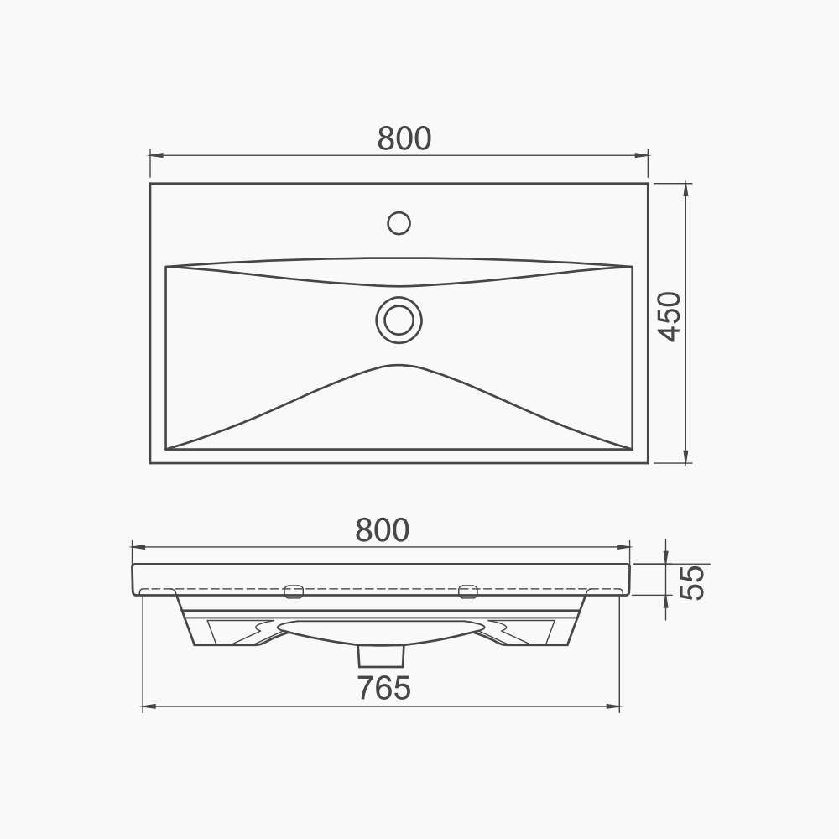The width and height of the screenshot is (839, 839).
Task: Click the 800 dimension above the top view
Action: pyautogui.click(x=404, y=138)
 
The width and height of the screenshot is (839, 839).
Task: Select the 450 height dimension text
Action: pyautogui.click(x=669, y=316)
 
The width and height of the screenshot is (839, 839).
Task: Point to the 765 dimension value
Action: pyautogui.click(x=384, y=688)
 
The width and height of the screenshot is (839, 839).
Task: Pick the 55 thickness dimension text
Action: pyautogui.click(x=692, y=581)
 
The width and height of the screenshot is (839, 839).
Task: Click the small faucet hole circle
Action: pyautogui.click(x=399, y=222)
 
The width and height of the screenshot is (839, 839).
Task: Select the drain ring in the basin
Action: pyautogui.click(x=399, y=320)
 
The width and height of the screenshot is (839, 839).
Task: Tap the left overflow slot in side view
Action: pyautogui.click(x=294, y=591)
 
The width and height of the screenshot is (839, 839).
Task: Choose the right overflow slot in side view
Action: pyautogui.click(x=468, y=591)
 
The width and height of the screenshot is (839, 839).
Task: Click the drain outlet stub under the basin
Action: pyautogui.click(x=382, y=654)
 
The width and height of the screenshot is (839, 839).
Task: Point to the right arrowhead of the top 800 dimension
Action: pyautogui.click(x=644, y=155)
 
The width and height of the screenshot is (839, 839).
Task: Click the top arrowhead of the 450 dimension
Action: pyautogui.click(x=687, y=189)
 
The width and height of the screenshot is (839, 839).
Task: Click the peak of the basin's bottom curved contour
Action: pyautogui.click(x=399, y=365)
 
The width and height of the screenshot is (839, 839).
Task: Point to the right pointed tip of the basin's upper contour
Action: pyautogui.click(x=629, y=267)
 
